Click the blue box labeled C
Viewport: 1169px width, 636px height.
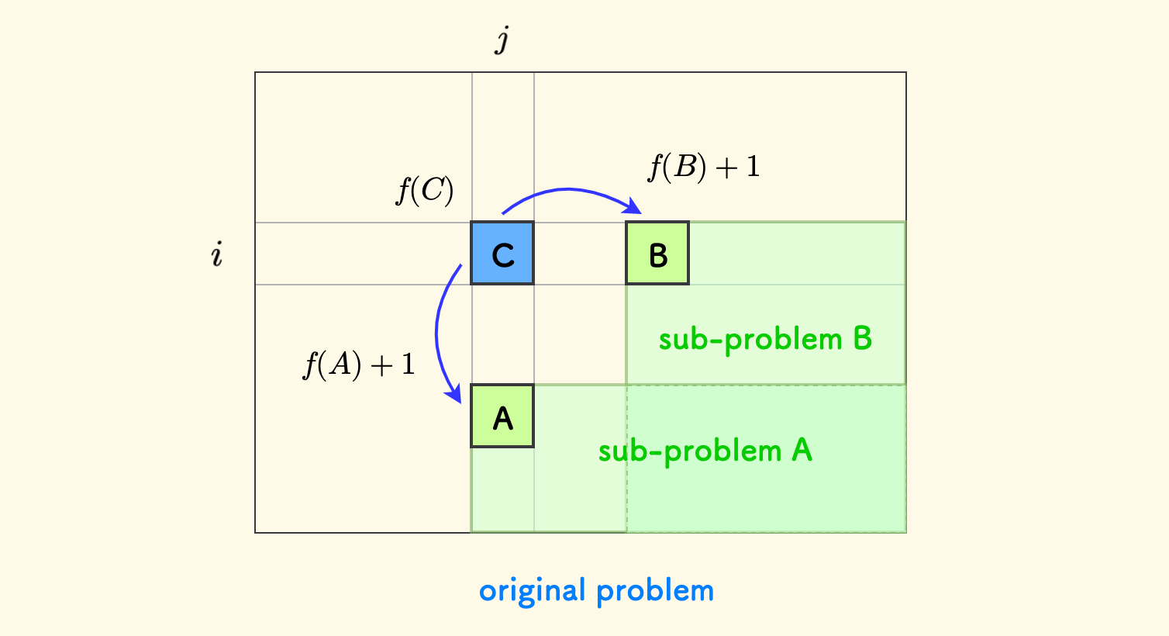pyautogui.click(x=502, y=254)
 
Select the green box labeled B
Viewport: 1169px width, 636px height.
pyautogui.click(x=657, y=254)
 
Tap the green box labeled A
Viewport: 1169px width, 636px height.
pyautogui.click(x=502, y=417)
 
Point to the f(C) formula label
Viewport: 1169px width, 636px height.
pyautogui.click(x=425, y=190)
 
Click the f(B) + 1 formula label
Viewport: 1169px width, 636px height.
pyautogui.click(x=703, y=167)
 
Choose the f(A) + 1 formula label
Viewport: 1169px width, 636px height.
pyautogui.click(x=359, y=365)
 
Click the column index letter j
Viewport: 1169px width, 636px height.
pyautogui.click(x=502, y=39)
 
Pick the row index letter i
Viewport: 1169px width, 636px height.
pyautogui.click(x=217, y=254)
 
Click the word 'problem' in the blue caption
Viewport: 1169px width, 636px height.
pyautogui.click(x=655, y=591)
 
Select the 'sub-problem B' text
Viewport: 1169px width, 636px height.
pyautogui.click(x=765, y=339)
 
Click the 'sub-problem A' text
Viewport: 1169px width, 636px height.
pyautogui.click(x=705, y=451)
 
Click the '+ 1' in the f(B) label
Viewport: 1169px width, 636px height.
pyautogui.click(x=737, y=167)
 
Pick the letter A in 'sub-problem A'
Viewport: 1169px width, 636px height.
pyautogui.click(x=802, y=451)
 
